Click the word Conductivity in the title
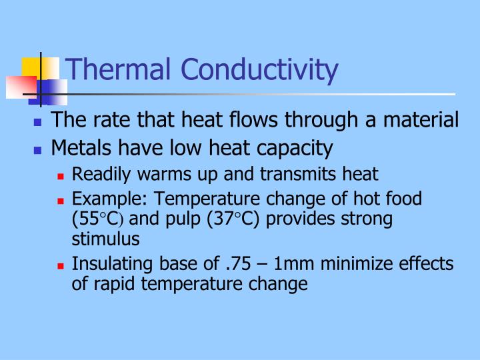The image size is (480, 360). click(259, 70)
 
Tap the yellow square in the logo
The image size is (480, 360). click(32, 68)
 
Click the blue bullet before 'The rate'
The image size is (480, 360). click(38, 123)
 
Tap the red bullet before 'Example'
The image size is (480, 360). click(61, 200)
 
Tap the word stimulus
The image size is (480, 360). click(105, 239)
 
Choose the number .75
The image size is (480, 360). click(238, 264)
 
